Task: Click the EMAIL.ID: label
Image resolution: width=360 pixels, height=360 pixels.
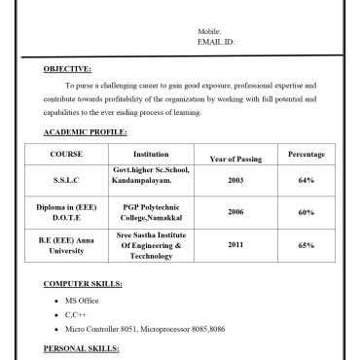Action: (216, 43)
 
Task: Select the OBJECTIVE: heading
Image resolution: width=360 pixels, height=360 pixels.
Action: (68, 69)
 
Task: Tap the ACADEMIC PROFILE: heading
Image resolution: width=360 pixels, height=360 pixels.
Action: (86, 131)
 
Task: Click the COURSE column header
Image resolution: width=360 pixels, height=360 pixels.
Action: (66, 155)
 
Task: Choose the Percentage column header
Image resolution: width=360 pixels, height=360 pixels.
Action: (306, 155)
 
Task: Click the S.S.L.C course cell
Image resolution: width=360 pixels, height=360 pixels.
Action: (66, 181)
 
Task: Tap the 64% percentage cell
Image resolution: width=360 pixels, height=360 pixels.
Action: (306, 181)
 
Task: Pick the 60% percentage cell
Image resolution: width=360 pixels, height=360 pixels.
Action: (306, 212)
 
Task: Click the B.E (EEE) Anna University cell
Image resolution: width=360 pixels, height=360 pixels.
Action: (66, 244)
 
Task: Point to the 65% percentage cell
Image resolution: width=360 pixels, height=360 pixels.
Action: (306, 245)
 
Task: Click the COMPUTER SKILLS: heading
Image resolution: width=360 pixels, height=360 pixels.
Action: (84, 283)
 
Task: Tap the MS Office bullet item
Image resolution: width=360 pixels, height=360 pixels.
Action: (82, 302)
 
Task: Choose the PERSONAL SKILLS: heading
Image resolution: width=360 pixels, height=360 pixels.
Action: (84, 347)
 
